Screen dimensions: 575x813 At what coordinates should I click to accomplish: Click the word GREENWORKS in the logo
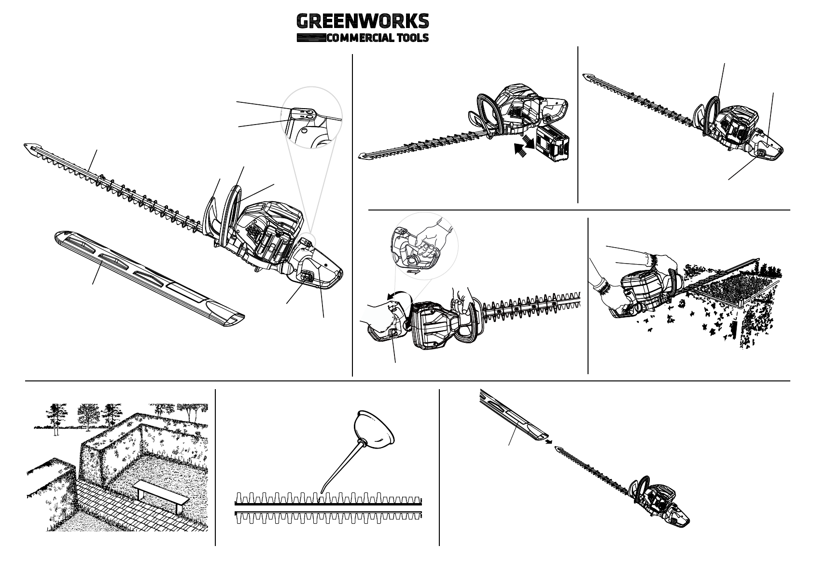tap(362, 22)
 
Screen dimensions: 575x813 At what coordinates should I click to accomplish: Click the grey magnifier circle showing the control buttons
tap(311, 117)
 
